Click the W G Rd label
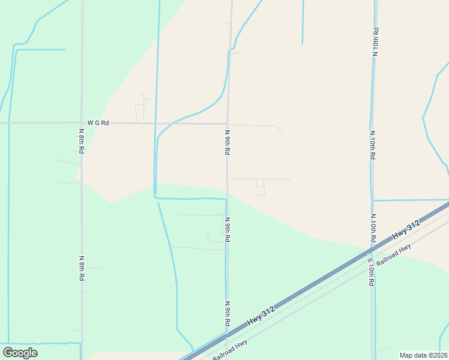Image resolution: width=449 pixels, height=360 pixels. tap(98, 123)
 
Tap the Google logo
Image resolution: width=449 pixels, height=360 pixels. tap(20, 353)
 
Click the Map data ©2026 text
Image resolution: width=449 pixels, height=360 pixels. tap(424, 355)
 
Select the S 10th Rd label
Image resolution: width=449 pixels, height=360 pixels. tap(372, 272)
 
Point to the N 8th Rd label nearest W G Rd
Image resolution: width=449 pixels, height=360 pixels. tap(81, 140)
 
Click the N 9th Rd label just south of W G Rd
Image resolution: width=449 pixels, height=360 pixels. tap(228, 142)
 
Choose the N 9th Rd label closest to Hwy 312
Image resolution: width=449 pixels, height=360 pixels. tap(228, 314)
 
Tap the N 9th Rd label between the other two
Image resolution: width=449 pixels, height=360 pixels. tap(228, 229)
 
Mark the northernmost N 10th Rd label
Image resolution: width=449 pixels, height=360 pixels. tap(375, 41)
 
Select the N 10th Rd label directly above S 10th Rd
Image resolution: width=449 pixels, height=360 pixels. tap(372, 228)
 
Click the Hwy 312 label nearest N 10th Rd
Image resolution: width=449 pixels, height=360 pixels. tap(406, 231)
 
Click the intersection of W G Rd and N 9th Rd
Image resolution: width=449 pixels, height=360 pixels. tap(228, 124)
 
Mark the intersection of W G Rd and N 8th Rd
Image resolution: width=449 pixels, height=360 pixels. tap(81, 123)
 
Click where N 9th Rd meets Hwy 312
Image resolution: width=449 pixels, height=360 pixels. tap(228, 334)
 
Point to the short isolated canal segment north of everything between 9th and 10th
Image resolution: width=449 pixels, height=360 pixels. tap(303, 22)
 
